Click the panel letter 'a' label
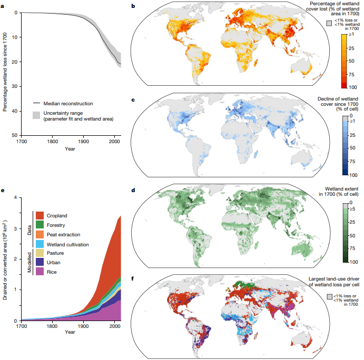pos(4,6)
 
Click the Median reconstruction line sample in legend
pos(36,104)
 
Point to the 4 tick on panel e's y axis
pos(17,197)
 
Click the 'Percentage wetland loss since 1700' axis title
pos(5,71)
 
